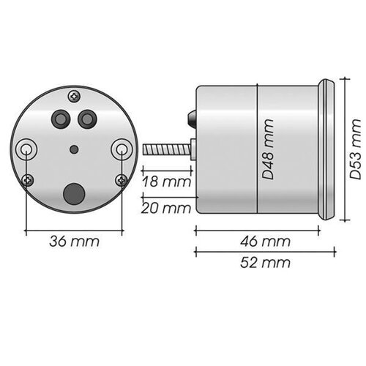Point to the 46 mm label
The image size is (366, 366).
pos(266,241)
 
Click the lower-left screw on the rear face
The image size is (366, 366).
pos(27,179)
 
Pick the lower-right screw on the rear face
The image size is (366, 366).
pos(121,179)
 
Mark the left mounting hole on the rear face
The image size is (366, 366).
pos(27,150)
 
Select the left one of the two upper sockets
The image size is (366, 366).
pos(59,118)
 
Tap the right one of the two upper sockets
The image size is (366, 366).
pos(87,118)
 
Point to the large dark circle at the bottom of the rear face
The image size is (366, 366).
pos(74,193)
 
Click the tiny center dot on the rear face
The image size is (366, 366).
pos(73,150)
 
